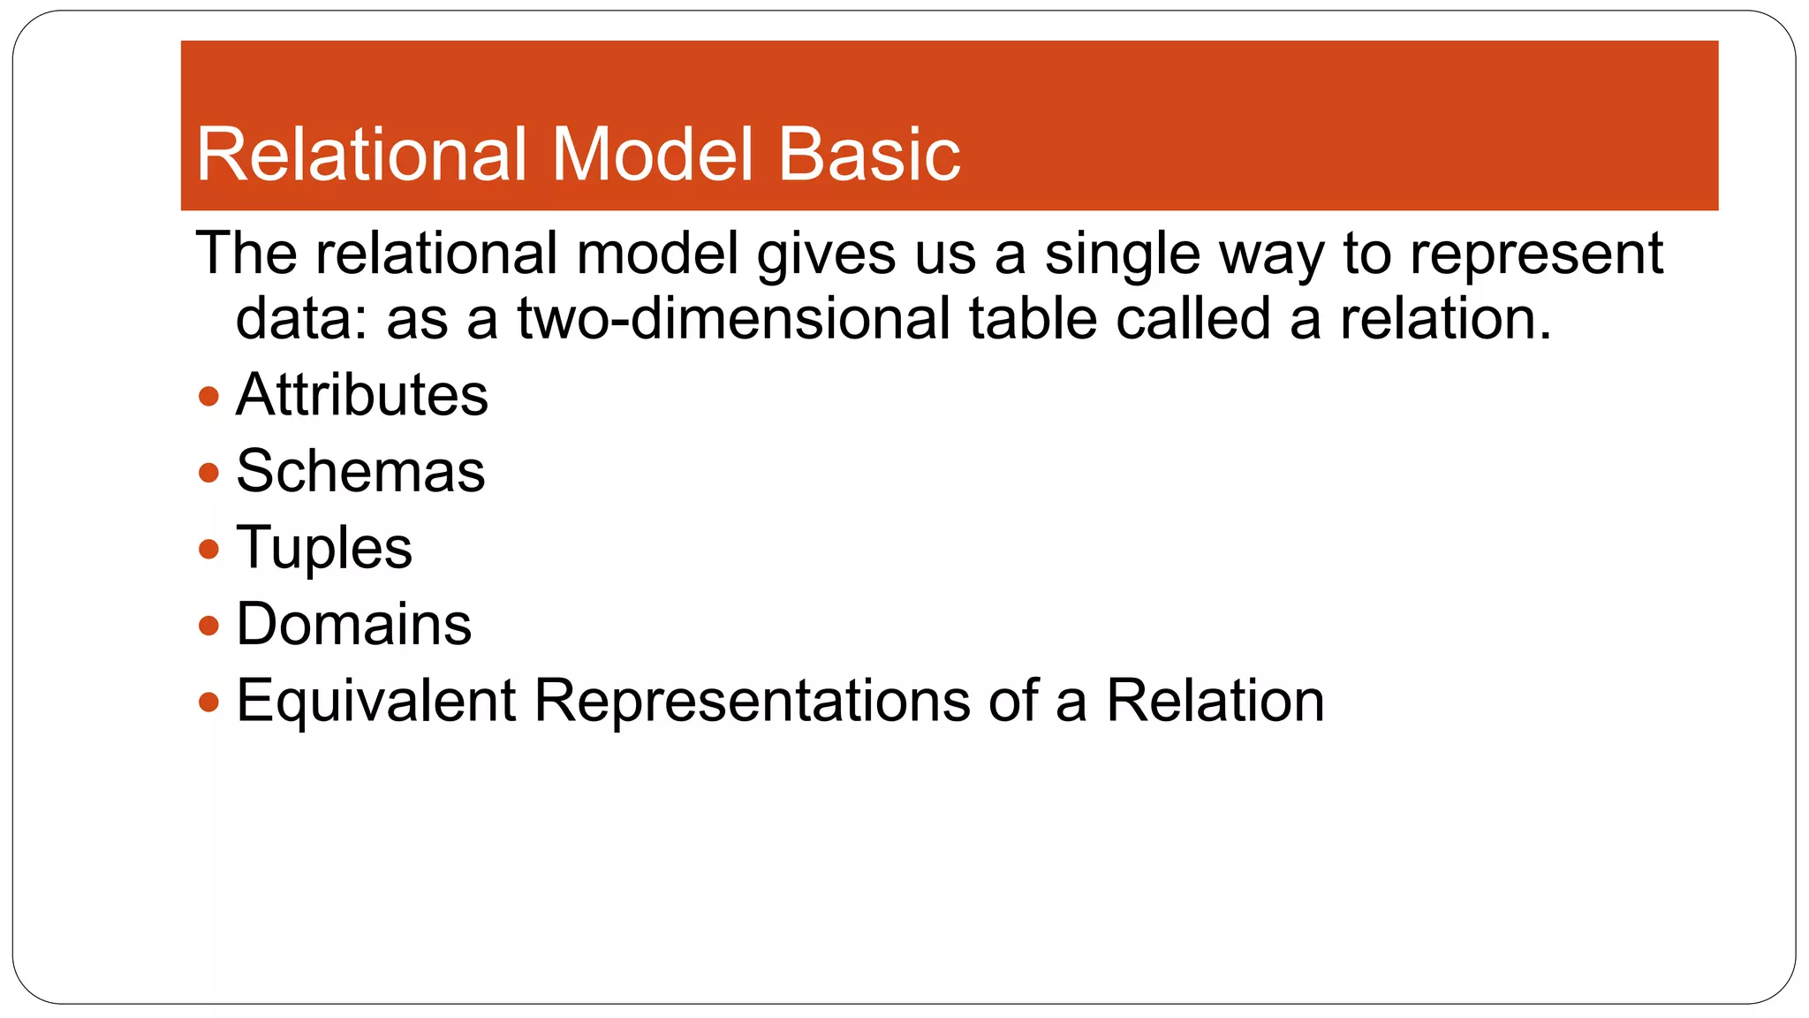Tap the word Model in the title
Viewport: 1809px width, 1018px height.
(654, 155)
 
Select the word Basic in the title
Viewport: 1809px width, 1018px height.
(869, 155)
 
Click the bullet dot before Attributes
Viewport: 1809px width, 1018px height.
(208, 396)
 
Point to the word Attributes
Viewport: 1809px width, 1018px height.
(362, 394)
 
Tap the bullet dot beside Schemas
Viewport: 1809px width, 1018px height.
(208, 473)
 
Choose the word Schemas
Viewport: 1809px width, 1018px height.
(360, 471)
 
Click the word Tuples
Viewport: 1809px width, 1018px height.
(324, 548)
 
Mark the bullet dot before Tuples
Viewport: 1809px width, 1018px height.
(208, 550)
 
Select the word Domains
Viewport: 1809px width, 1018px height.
(354, 625)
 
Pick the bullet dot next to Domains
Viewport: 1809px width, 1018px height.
(208, 627)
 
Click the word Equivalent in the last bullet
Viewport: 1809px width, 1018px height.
(375, 701)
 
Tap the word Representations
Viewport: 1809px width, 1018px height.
(753, 701)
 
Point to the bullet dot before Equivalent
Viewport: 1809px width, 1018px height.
(208, 703)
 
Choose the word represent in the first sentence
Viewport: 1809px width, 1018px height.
(1536, 254)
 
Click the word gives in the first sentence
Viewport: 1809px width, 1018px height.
(826, 254)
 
